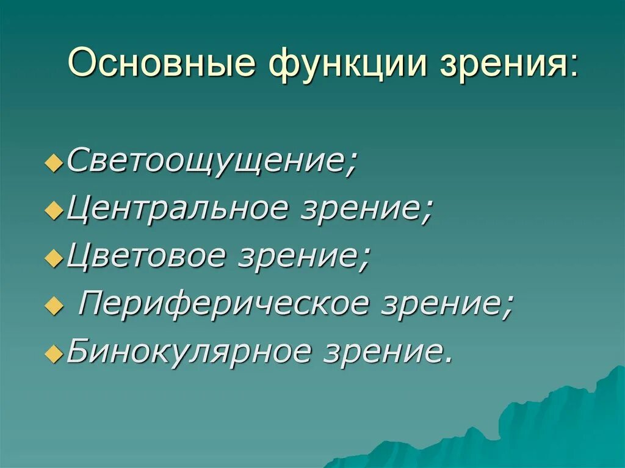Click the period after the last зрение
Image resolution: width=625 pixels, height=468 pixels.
point(449,359)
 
